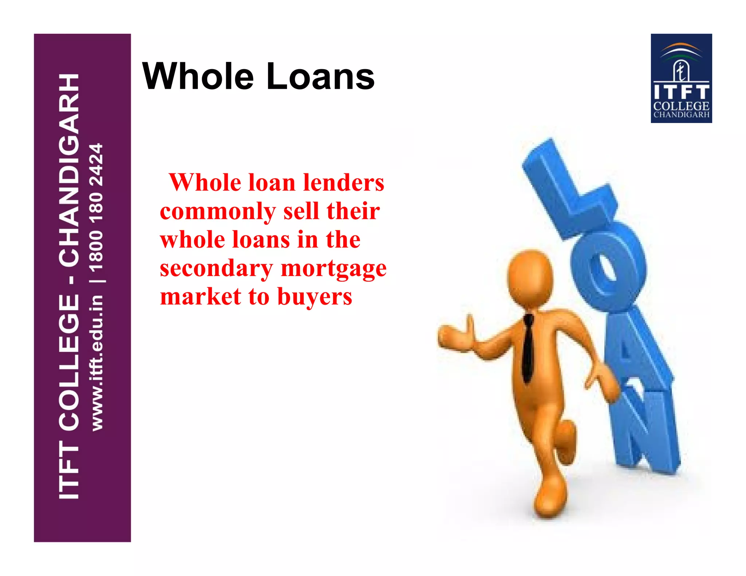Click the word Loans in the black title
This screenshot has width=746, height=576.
point(320,76)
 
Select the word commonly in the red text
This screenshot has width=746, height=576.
point(218,211)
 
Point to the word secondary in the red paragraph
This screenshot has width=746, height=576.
point(216,268)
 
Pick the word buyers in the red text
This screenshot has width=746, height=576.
point(315,297)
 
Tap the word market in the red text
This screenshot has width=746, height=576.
point(201,296)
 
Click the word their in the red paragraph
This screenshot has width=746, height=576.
point(353,211)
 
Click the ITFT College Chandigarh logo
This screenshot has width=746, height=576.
point(681,78)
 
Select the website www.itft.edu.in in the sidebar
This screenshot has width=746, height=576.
point(97,363)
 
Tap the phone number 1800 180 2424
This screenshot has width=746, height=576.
point(97,208)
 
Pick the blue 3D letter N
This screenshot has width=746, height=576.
point(645,430)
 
